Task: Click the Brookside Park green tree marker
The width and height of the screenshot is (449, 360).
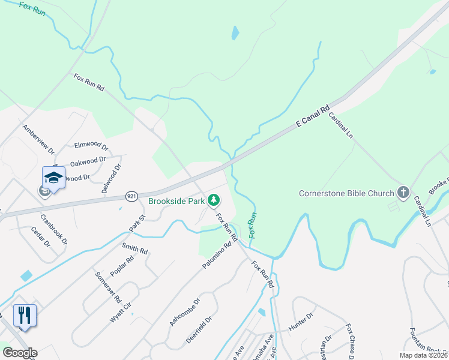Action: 213,200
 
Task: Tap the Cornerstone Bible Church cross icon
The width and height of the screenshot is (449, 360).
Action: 403,193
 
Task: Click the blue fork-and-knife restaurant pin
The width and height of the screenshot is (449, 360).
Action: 25,315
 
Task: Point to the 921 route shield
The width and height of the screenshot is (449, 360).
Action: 133,196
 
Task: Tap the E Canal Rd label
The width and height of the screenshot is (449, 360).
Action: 313,117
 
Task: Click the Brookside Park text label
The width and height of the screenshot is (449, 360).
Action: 176,201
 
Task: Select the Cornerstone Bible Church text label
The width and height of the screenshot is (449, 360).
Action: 347,193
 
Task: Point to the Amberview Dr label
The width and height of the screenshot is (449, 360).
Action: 38,139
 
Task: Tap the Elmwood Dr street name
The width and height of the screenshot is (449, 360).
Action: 91,145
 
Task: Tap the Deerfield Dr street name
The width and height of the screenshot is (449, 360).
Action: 199,329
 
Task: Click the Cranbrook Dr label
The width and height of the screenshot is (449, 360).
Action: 53,229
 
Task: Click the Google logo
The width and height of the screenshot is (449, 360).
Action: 20,353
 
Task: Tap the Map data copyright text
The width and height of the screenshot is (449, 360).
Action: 423,355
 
